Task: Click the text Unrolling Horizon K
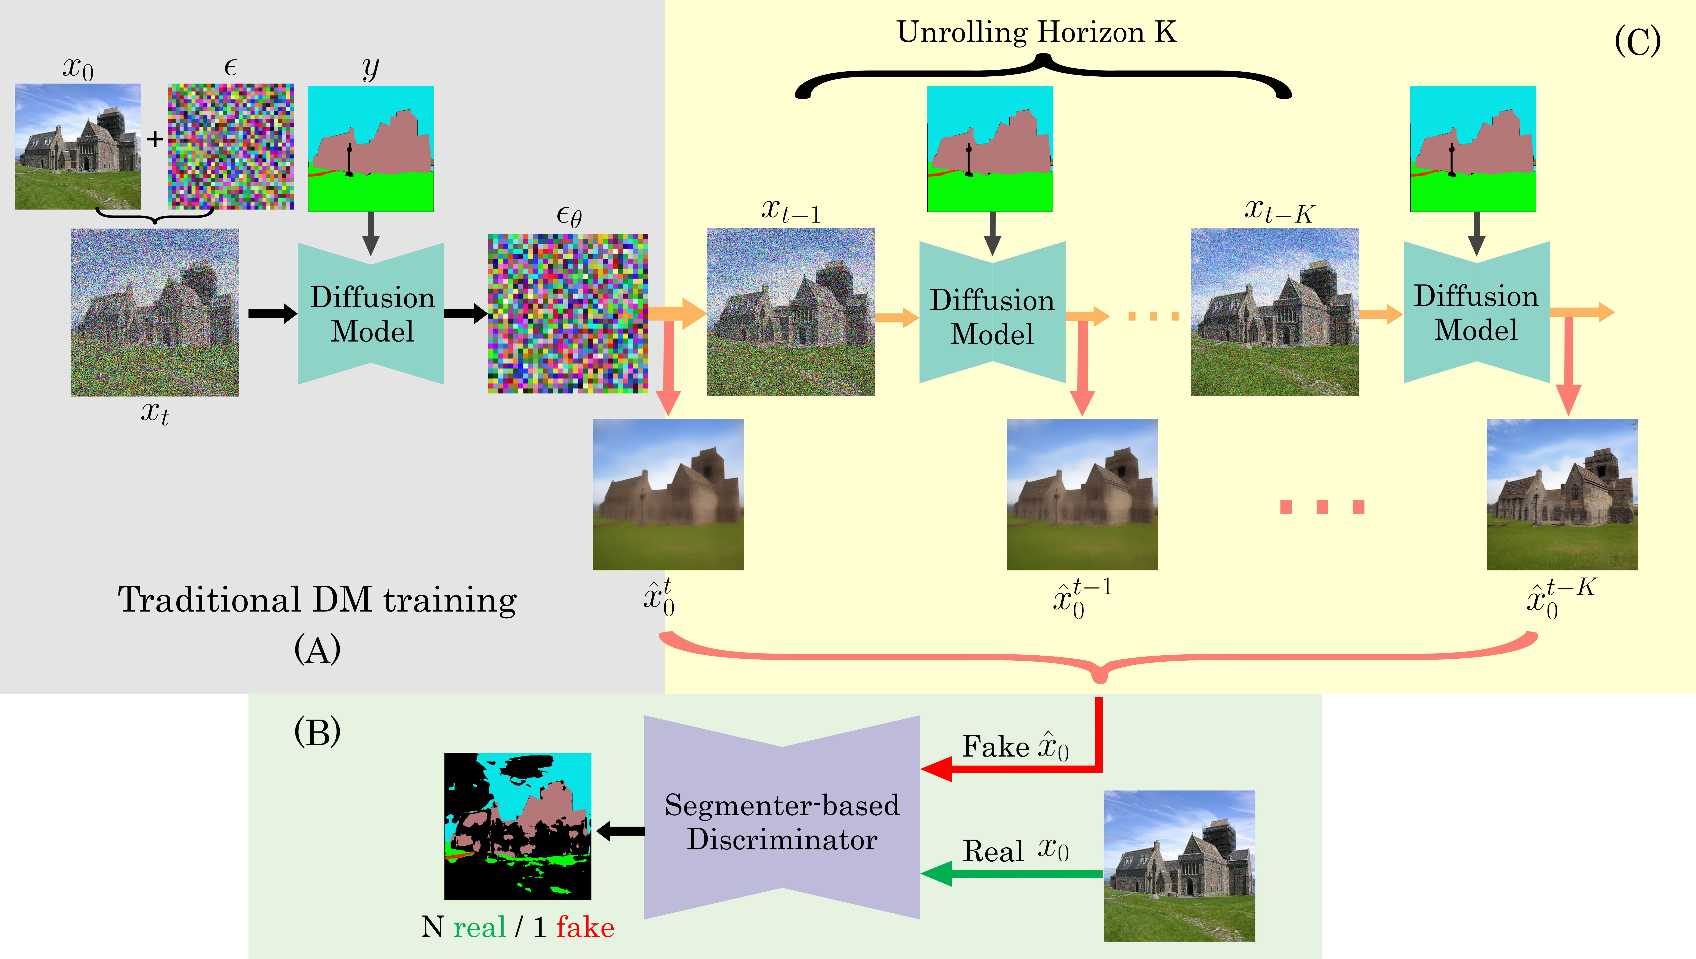point(1036,32)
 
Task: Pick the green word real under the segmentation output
point(479,927)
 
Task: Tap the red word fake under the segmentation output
point(585,927)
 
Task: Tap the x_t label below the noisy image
point(155,413)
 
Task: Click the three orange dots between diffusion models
point(1153,317)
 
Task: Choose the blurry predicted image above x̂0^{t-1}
point(1082,495)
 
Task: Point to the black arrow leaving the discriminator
point(621,831)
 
